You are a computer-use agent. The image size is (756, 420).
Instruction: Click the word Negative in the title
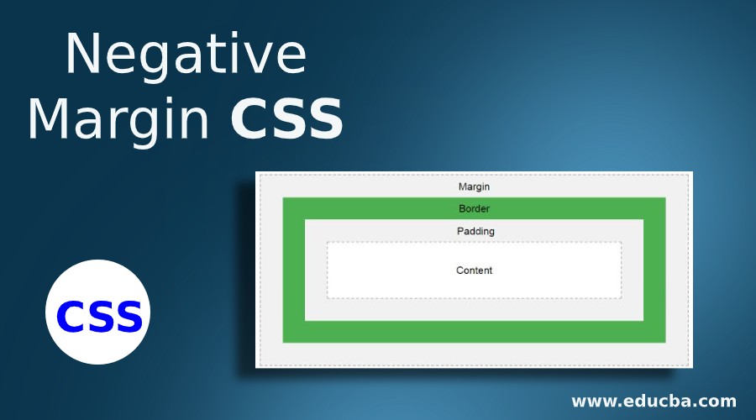click(x=186, y=55)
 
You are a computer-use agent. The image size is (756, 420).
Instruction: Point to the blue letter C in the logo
click(x=71, y=317)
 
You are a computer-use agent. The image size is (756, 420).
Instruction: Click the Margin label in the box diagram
click(x=474, y=186)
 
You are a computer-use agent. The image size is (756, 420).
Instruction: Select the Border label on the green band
click(x=474, y=208)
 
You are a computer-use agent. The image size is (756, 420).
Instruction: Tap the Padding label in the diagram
click(x=475, y=231)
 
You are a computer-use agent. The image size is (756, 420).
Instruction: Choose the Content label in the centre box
click(x=474, y=270)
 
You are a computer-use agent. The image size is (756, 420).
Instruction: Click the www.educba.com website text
click(x=654, y=401)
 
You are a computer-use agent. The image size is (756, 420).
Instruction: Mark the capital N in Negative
click(x=84, y=55)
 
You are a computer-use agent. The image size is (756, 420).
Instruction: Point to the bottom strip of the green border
click(x=474, y=332)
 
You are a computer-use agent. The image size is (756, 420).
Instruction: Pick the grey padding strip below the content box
click(x=474, y=309)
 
